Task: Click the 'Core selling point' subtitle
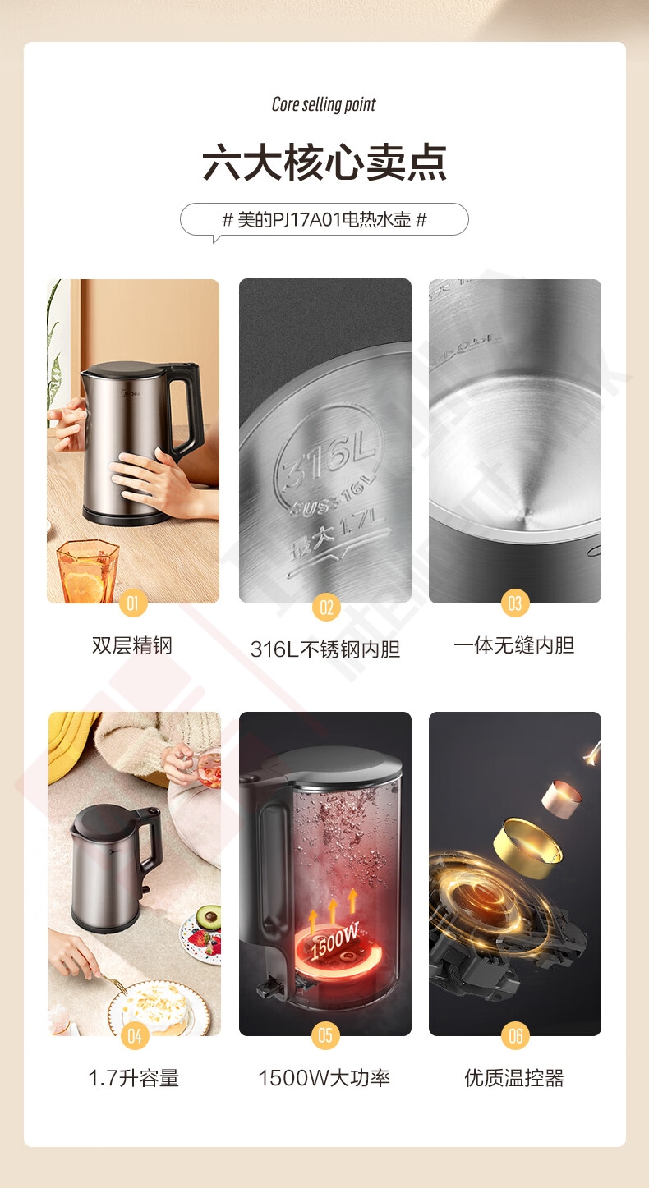324,104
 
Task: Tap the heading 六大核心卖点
324,163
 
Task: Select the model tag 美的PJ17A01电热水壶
324,219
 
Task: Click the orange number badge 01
132,603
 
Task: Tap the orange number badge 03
515,603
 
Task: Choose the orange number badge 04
135,1036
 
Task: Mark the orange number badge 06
515,1035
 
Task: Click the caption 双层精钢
132,645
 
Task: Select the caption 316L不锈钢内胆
324,649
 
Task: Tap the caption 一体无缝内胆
513,645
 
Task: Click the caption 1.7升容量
134,1078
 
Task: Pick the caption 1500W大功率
324,1078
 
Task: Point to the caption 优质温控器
514,1078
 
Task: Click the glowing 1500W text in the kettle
334,940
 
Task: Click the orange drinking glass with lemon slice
87,571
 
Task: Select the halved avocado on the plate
209,916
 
